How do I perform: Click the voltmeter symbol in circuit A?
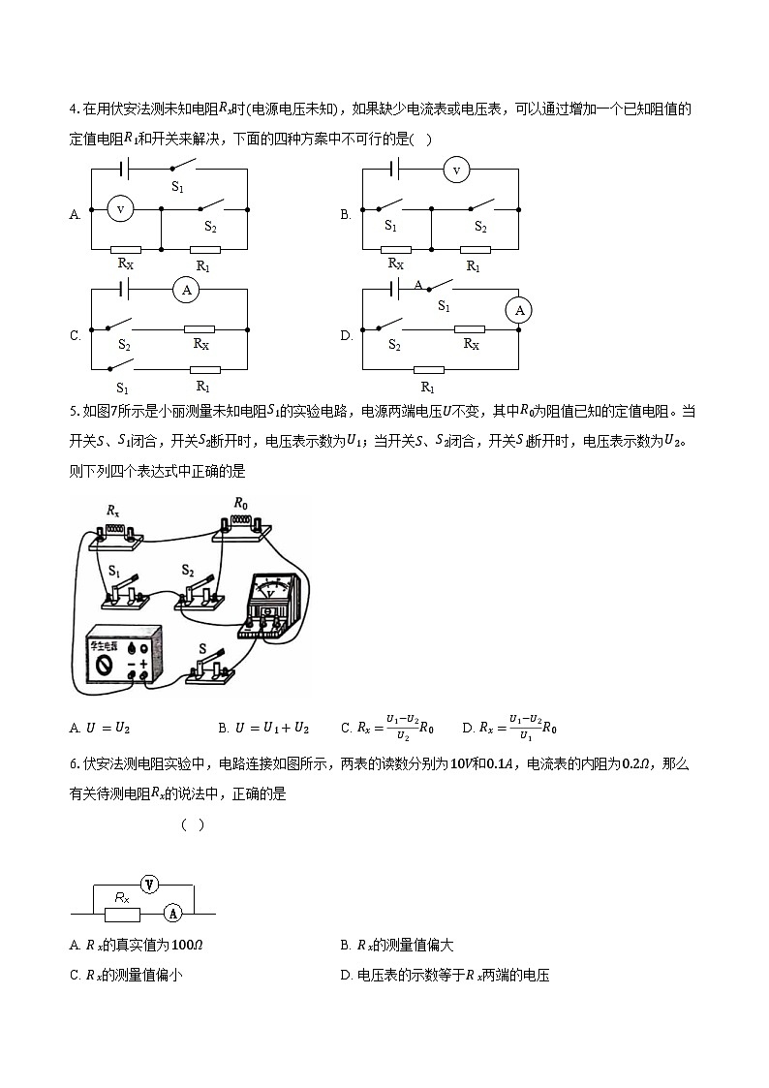pos(120,208)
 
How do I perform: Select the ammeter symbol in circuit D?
pos(519,310)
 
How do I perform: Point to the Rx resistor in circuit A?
pos(125,248)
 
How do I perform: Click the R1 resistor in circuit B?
pos(475,249)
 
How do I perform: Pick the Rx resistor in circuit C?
pos(200,328)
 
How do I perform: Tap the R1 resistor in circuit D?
pos(429,369)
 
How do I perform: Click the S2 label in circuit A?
pos(210,226)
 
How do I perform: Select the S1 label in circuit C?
pos(122,387)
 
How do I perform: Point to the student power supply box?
pos(120,660)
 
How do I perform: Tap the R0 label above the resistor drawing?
pos(241,504)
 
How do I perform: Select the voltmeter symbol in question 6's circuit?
pos(148,884)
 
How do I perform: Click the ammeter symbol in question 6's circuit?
pos(172,913)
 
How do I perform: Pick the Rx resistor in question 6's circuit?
pos(122,914)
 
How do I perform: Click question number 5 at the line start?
pos(74,411)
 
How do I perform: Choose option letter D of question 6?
pos(346,976)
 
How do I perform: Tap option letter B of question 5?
pos(223,728)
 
